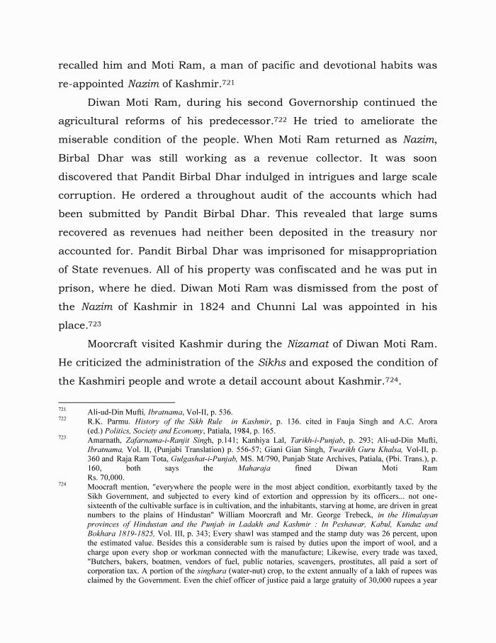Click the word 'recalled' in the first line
pos(81,65)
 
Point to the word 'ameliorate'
pos(393,121)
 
